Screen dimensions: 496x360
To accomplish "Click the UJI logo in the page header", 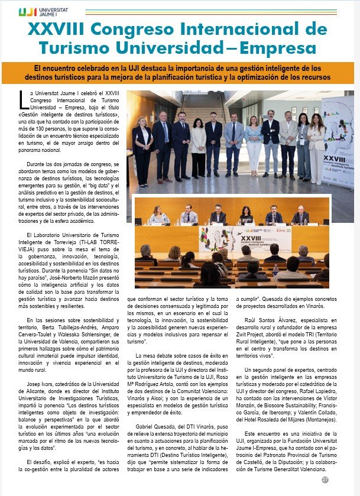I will tap(38, 11).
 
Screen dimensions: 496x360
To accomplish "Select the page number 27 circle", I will tap(325, 480).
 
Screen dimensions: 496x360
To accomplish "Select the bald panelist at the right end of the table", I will tap(300, 215).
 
